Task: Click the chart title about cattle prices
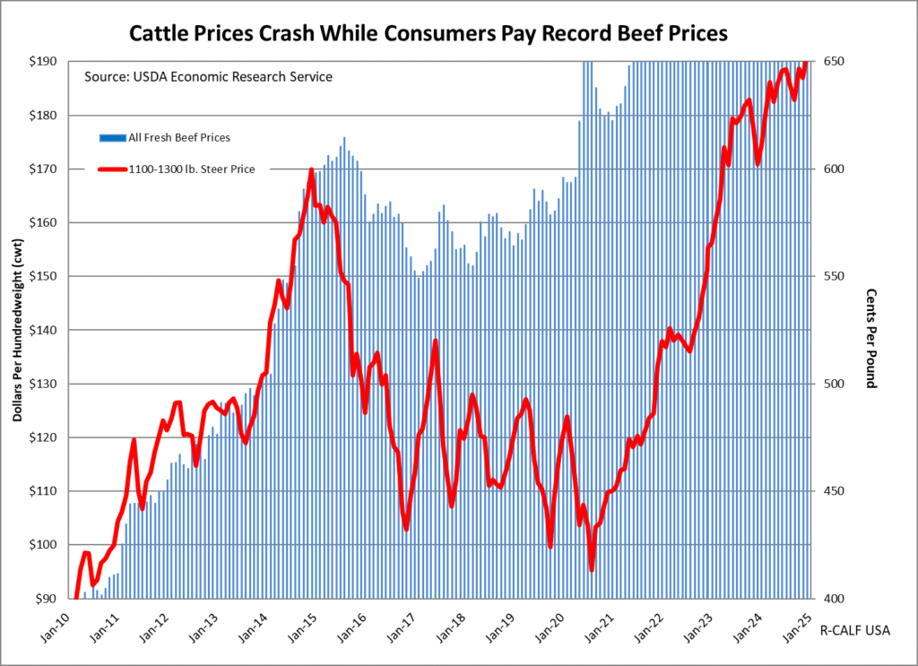click(429, 32)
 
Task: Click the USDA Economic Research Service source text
click(208, 77)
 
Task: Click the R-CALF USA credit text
click(855, 630)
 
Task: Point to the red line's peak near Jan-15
click(311, 169)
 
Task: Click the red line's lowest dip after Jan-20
click(592, 569)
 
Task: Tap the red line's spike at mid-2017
click(436, 341)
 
